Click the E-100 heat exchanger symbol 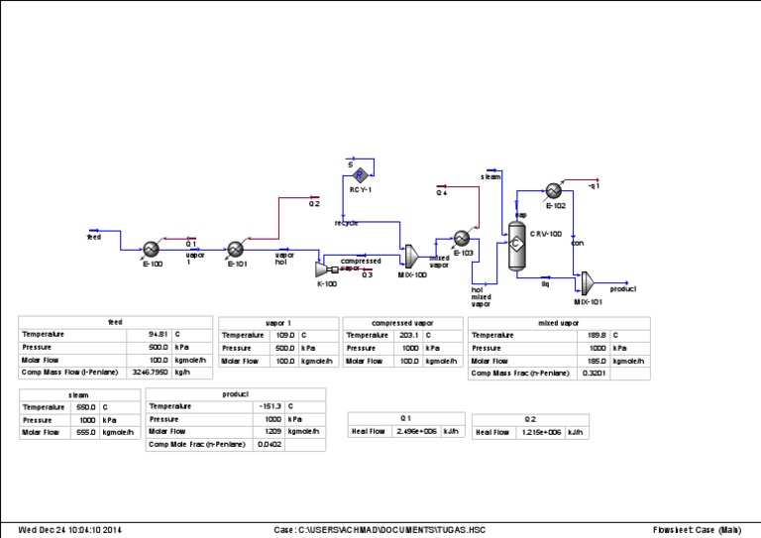pyautogui.click(x=152, y=249)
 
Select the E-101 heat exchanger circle pyautogui.click(x=236, y=249)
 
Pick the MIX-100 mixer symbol pyautogui.click(x=406, y=257)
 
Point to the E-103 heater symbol pyautogui.click(x=462, y=238)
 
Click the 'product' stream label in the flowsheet pyautogui.click(x=622, y=289)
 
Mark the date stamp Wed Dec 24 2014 pyautogui.click(x=70, y=529)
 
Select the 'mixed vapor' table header pyautogui.click(x=558, y=322)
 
